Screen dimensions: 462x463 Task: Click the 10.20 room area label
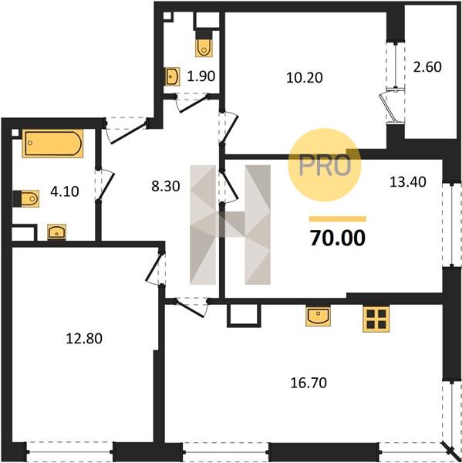click(x=305, y=78)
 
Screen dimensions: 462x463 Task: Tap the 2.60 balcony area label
click(x=427, y=66)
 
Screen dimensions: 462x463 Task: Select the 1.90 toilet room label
click(x=201, y=76)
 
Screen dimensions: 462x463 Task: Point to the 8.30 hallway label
click(x=166, y=186)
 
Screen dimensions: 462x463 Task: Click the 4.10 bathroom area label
click(x=65, y=191)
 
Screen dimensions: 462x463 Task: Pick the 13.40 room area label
click(x=408, y=181)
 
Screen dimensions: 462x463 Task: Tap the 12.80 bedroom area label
click(x=84, y=339)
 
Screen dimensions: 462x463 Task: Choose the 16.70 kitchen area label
click(x=309, y=383)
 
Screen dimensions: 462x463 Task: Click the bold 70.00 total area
click(x=337, y=238)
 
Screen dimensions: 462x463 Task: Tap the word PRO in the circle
click(x=325, y=165)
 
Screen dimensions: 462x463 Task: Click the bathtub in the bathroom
click(x=52, y=144)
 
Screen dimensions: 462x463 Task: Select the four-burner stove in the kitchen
click(x=376, y=319)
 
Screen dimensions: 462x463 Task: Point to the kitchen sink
click(x=318, y=316)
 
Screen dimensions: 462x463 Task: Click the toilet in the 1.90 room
click(x=204, y=47)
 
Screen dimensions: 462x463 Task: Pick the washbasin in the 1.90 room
click(x=172, y=76)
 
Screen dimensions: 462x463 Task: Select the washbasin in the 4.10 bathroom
click(x=56, y=232)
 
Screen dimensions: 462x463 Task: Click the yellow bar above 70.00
click(x=337, y=219)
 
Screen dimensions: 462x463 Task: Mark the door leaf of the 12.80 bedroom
click(x=153, y=266)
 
